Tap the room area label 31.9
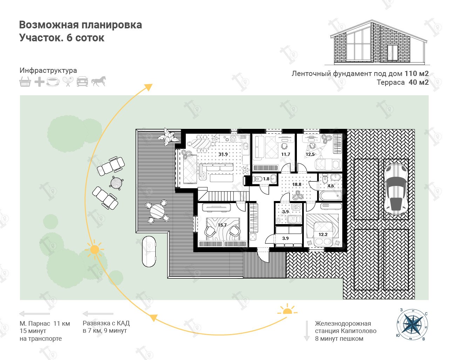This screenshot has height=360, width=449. (223, 154)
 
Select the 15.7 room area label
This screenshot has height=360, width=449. (222, 225)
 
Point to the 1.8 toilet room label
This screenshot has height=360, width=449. (266, 179)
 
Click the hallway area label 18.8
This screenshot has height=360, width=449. (297, 184)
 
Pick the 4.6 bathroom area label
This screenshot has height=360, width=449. (331, 186)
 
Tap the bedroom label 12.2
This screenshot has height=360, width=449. (323, 234)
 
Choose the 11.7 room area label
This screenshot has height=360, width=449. (286, 154)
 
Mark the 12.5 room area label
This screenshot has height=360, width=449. (310, 154)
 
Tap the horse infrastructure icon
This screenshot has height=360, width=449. (98, 81)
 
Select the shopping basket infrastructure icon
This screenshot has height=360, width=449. (25, 82)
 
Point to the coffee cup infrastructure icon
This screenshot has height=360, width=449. (53, 82)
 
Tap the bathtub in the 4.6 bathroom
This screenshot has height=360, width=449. (330, 195)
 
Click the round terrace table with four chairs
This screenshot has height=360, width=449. (157, 211)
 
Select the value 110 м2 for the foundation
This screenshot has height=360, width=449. (416, 74)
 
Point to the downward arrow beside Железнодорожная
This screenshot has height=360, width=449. (307, 331)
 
